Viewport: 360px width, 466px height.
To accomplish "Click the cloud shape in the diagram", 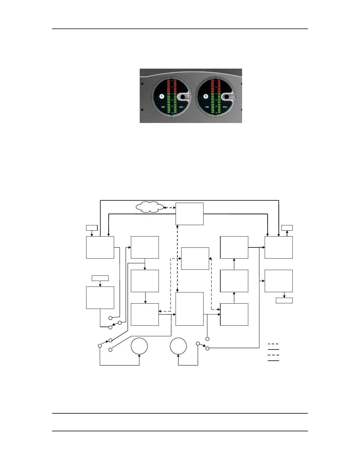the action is [150, 207].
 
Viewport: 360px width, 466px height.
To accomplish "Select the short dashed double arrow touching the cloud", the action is [169, 208].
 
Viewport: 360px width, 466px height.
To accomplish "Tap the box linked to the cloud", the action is [189, 214].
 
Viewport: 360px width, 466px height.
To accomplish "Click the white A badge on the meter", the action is [161, 96].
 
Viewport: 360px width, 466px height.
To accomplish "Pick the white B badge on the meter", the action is [206, 96].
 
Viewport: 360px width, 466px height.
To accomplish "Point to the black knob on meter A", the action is [183, 96].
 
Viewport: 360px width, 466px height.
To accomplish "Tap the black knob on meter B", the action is [227, 96].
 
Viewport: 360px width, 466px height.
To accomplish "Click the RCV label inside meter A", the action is [181, 107].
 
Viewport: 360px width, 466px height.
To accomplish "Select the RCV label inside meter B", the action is [225, 107].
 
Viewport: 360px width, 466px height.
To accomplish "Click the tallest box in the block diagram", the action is [189, 309].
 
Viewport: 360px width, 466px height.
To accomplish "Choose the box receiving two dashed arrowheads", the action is [195, 259].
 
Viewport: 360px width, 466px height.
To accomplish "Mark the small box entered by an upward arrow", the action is [287, 227].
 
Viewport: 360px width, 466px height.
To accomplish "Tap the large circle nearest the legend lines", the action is [178, 346].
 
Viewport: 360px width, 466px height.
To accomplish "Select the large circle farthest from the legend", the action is [139, 346].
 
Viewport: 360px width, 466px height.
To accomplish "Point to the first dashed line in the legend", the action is [273, 344].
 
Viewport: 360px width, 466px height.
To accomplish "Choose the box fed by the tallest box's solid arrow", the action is [234, 314].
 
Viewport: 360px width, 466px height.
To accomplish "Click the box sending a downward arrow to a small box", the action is [279, 281].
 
